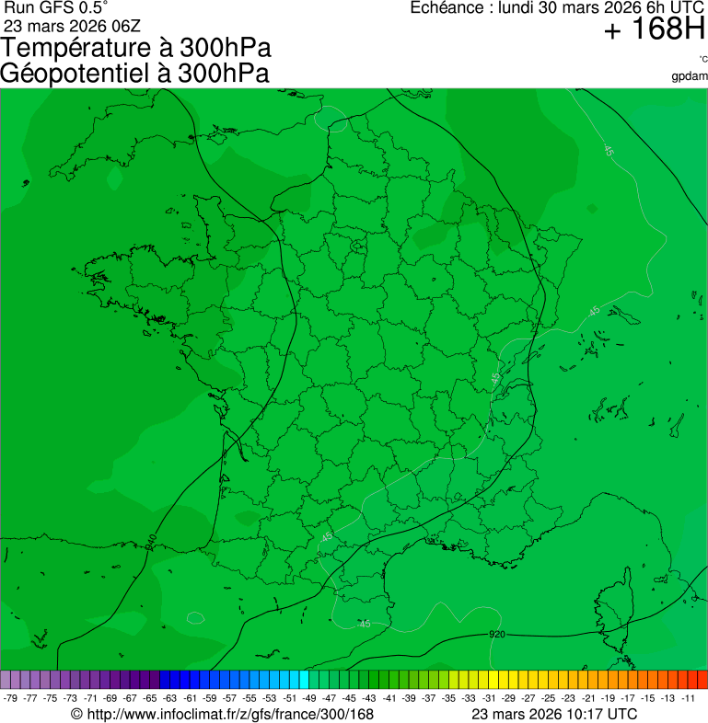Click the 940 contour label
click(x=151, y=542)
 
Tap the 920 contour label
click(x=497, y=635)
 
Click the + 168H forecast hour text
click(x=654, y=30)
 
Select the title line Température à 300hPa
click(x=137, y=49)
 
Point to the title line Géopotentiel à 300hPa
click(x=134, y=74)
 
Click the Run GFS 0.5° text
click(x=56, y=7)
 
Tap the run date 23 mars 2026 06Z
click(x=72, y=26)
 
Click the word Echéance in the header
click(x=447, y=7)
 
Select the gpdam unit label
click(x=690, y=75)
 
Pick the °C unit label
click(x=702, y=59)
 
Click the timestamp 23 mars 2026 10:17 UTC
click(x=554, y=714)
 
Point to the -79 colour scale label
click(x=11, y=698)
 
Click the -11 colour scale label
click(x=688, y=698)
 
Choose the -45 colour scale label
click(x=350, y=698)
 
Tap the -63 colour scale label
click(x=170, y=698)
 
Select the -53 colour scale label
click(x=270, y=698)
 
